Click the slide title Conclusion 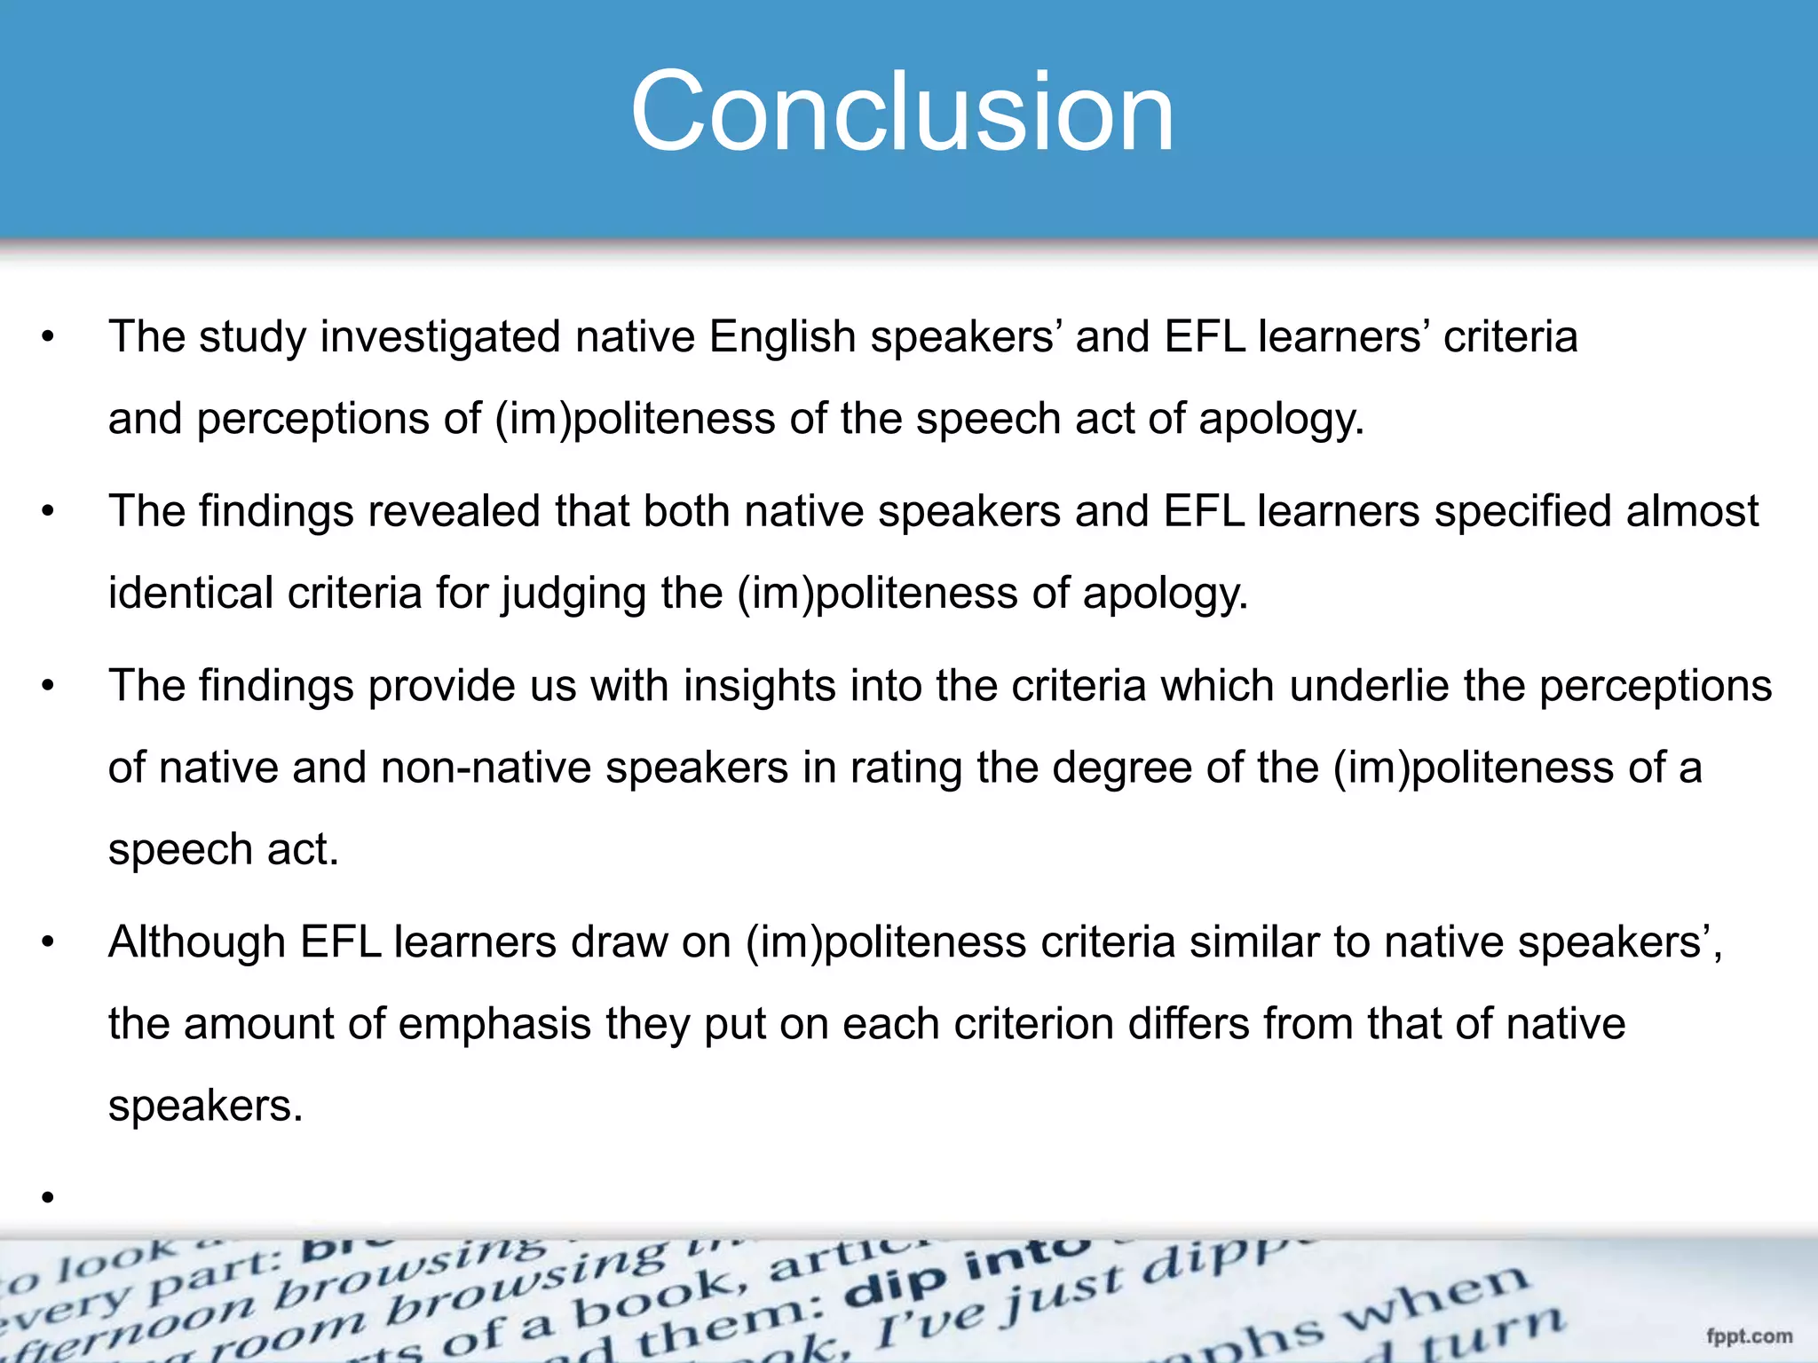(903, 113)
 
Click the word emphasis (494, 1025)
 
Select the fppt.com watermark (1749, 1335)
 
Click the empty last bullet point (48, 1198)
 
